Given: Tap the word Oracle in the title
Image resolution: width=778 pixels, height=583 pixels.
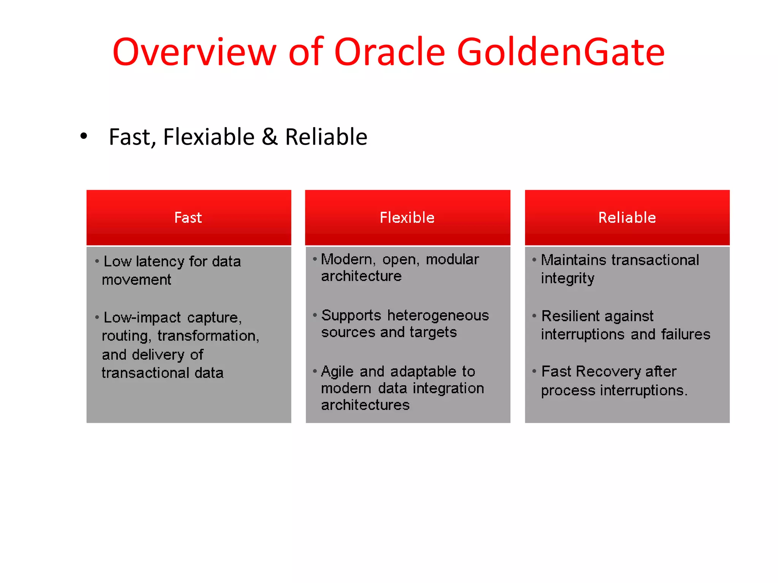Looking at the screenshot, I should (389, 52).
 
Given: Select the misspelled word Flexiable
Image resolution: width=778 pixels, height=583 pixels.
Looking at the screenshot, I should (209, 137).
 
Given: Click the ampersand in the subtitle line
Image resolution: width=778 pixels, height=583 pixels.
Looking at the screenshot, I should (270, 137).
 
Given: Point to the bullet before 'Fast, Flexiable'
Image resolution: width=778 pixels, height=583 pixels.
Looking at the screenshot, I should (84, 136).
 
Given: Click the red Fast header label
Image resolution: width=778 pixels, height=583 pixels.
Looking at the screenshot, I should (188, 217).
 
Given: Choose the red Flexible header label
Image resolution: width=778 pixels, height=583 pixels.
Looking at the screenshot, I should (407, 217).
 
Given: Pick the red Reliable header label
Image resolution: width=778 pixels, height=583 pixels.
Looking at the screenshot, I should (627, 217).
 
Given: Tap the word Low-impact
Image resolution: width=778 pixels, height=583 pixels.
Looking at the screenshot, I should (142, 317).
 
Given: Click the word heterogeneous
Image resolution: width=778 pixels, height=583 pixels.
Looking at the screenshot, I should (438, 315).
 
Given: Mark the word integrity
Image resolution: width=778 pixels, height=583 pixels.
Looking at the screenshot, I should (568, 279).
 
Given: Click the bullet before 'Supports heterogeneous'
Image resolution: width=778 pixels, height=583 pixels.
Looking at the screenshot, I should (315, 315).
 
